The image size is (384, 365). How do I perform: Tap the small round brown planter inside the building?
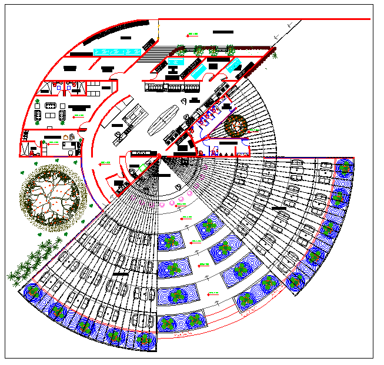tap(236, 126)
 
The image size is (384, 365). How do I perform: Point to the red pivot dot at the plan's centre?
tap(159, 155)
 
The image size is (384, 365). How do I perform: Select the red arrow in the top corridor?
tap(192, 34)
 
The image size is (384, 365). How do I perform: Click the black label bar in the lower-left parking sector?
tap(120, 274)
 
